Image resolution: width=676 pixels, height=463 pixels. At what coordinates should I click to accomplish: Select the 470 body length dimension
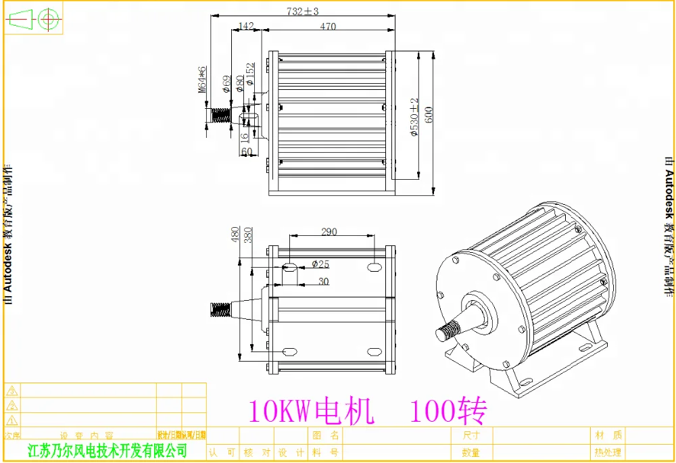tap(327, 26)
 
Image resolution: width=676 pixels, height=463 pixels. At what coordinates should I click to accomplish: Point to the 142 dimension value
tap(246, 26)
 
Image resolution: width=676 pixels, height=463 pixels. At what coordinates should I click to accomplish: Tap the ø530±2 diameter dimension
tap(414, 118)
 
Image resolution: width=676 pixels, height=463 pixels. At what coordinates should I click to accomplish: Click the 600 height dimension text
tap(429, 114)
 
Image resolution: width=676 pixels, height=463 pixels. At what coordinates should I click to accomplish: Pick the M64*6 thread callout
tap(201, 80)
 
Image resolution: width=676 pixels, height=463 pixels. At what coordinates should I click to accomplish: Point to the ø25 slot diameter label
tap(320, 264)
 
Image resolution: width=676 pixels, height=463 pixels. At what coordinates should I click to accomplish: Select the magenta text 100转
tap(448, 410)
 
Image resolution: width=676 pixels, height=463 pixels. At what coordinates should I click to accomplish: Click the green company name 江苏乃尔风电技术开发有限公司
tap(106, 450)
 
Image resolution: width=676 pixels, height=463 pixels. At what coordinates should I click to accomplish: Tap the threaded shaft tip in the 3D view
tap(445, 332)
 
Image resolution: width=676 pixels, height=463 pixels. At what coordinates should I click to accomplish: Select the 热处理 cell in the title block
tap(607, 452)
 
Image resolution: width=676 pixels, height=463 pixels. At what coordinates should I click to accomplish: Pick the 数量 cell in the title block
tap(471, 452)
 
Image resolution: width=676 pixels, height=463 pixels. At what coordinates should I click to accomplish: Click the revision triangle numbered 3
tap(13, 391)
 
